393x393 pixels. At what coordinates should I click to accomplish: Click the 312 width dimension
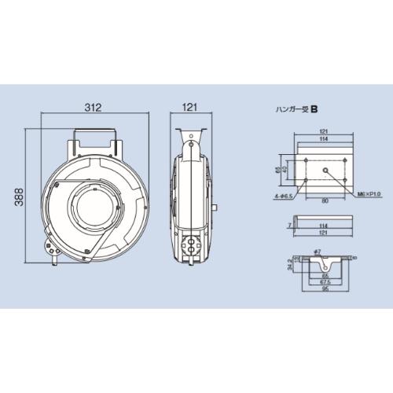[x=94, y=108]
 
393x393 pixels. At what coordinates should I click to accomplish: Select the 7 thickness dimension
[x=289, y=224]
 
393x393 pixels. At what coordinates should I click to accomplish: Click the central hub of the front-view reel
[x=95, y=204]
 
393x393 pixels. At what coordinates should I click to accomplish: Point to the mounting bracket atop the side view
[x=191, y=142]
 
